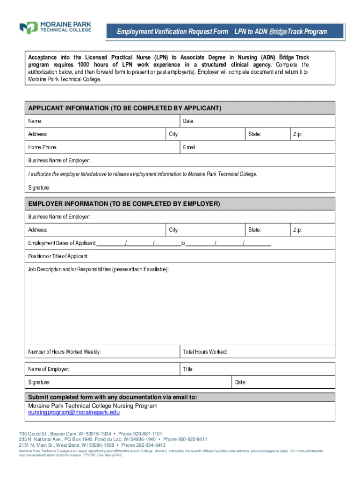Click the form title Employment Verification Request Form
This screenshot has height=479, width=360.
click(173, 32)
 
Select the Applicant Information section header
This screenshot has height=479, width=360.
click(125, 108)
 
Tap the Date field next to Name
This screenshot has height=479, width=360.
click(257, 121)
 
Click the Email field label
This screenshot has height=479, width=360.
click(190, 147)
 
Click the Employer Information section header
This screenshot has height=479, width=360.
click(124, 204)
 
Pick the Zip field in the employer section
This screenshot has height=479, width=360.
click(312, 230)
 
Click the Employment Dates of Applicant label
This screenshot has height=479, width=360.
click(62, 243)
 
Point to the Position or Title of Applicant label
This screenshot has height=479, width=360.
click(58, 256)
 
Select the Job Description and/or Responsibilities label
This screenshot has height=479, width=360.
click(98, 269)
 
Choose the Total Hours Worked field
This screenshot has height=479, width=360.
click(257, 352)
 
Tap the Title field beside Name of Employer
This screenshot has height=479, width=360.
click(257, 369)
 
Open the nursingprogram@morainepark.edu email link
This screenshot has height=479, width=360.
click(74, 413)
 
